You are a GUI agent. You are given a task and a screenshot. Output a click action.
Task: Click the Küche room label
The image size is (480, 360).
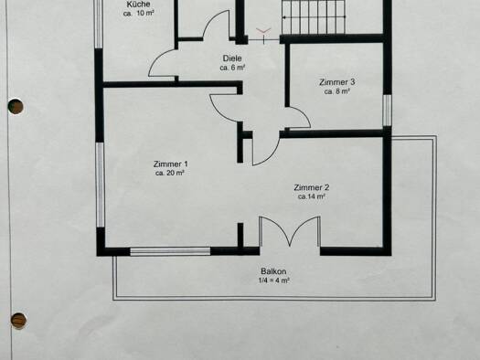138,5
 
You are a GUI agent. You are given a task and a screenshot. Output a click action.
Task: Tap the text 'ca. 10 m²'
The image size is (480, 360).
138,14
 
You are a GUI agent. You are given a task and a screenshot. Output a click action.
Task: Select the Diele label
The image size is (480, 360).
232,58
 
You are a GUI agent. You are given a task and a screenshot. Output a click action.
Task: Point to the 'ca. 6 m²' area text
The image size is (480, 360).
232,68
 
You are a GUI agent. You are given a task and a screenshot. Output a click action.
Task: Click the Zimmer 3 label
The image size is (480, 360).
337,82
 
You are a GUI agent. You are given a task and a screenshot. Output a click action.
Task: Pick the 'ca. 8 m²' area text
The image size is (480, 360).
337,91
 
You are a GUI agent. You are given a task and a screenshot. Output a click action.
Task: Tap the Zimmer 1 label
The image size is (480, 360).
170,164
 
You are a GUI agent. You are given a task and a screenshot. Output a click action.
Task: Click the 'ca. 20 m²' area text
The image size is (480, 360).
169,173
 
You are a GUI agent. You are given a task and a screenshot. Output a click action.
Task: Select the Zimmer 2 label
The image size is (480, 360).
312,187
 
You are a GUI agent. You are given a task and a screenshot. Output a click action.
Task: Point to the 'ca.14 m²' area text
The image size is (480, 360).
312,196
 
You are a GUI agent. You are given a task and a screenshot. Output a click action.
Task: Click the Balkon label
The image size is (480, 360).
273,271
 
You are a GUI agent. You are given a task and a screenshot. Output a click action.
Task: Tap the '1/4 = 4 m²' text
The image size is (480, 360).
274,281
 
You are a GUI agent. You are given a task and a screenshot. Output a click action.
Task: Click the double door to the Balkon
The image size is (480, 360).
290,231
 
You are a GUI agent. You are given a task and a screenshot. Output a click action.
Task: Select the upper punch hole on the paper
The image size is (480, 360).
16,106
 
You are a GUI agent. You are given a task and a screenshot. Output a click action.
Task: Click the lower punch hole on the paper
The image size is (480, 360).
18,321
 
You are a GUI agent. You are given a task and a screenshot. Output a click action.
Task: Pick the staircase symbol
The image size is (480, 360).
314,17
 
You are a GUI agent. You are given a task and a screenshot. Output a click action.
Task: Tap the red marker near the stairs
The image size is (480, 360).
263,30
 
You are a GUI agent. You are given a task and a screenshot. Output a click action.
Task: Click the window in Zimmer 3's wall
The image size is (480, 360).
388,111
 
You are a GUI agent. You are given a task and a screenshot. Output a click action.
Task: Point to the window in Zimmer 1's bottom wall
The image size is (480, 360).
170,251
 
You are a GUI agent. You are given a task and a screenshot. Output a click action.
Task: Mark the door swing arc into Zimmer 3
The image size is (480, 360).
302,116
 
